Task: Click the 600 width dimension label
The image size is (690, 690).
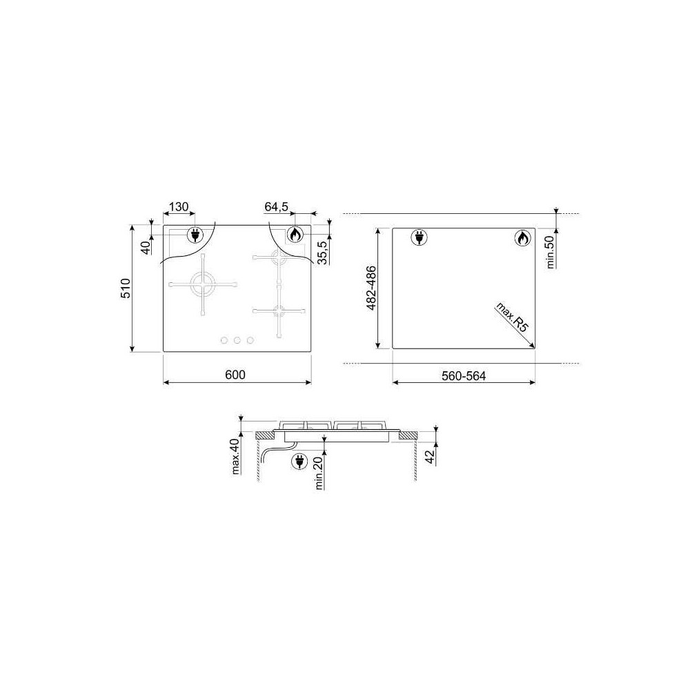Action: point(235,374)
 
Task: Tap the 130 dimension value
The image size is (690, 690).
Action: point(178,207)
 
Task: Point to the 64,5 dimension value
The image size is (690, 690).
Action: point(277,207)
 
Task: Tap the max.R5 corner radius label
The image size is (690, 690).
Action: point(511,318)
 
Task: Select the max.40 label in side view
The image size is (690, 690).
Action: point(235,457)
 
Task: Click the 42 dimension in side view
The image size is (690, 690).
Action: point(429,457)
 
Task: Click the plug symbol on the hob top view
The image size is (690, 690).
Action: point(195,235)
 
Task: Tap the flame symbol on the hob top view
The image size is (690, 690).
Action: point(295,235)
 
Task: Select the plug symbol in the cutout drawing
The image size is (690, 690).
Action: point(418,238)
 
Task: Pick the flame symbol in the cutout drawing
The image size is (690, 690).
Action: point(522,239)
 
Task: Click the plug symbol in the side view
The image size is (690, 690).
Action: point(299,461)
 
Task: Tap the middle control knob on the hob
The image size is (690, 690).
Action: point(237,339)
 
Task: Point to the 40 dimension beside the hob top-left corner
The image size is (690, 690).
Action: point(146,247)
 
